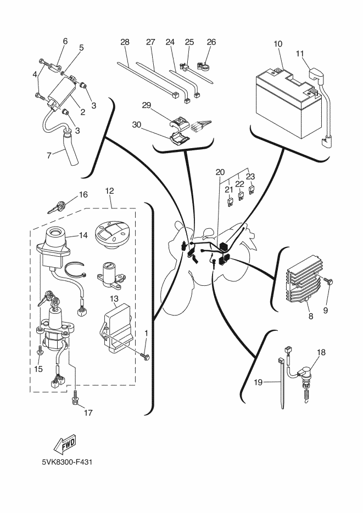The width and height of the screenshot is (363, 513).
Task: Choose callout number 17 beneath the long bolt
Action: point(88,414)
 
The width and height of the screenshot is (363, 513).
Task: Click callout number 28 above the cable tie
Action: point(125,42)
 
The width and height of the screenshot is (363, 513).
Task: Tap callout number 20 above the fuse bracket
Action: point(220,172)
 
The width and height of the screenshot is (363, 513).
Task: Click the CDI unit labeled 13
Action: point(118,329)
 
